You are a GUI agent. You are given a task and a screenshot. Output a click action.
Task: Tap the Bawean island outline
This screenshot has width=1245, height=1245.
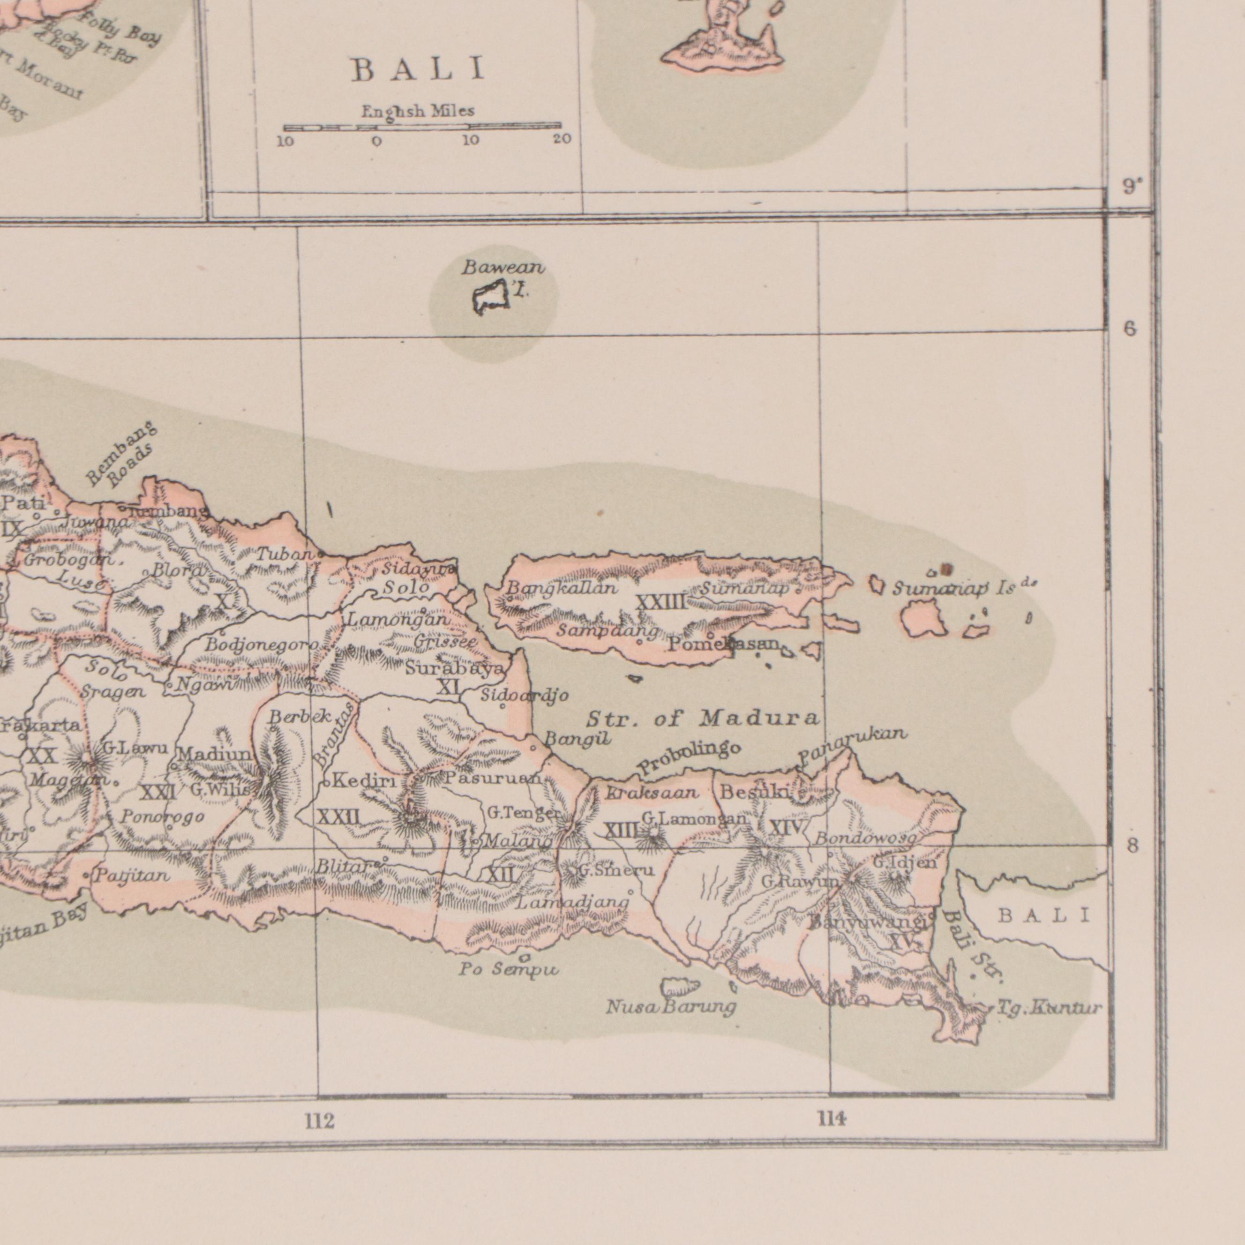click(x=491, y=298)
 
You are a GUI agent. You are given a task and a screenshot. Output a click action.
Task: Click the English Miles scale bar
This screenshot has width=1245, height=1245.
click(x=422, y=127)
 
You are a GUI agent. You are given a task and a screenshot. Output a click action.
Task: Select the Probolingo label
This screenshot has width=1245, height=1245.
click(x=690, y=758)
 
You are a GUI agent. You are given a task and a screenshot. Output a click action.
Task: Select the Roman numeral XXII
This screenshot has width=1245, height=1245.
click(x=338, y=818)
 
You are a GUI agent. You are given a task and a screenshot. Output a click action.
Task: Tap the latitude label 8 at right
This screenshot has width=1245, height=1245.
click(x=1132, y=846)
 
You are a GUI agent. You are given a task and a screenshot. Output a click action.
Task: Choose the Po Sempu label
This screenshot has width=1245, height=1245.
click(x=509, y=968)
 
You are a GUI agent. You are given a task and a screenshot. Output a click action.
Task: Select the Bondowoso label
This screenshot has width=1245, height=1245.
click(x=864, y=839)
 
